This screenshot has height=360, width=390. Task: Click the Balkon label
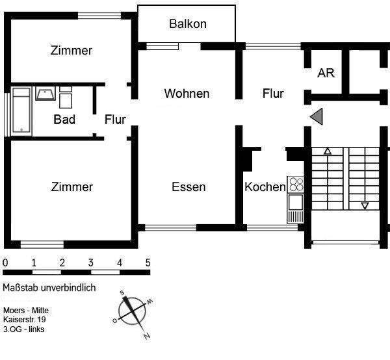(188, 24)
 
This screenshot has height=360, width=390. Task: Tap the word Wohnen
(187, 94)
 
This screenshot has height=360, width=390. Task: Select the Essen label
(188, 187)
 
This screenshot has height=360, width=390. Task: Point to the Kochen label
(265, 187)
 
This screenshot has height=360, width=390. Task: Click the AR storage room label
(326, 73)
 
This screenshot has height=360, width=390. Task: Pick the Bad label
(64, 120)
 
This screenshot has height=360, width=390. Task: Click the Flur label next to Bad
(115, 120)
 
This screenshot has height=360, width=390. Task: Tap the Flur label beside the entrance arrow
(273, 94)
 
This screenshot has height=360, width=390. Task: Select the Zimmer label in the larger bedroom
(71, 187)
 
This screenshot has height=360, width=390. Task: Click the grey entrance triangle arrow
(317, 116)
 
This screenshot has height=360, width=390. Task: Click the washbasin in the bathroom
(45, 94)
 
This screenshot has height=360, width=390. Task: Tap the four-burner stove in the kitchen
(296, 184)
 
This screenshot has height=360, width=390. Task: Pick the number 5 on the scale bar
(148, 263)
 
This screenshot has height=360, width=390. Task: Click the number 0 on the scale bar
(5, 263)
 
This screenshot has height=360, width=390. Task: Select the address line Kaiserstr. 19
(24, 320)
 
